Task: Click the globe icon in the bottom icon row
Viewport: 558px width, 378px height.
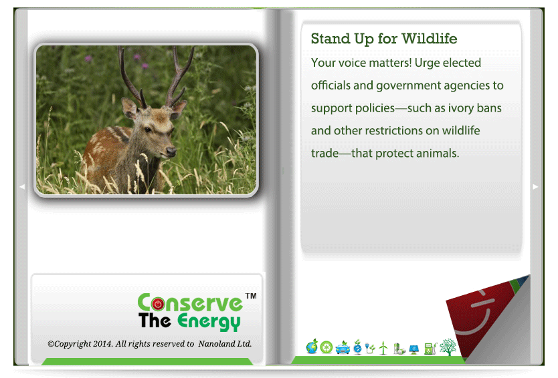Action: click(x=312, y=347)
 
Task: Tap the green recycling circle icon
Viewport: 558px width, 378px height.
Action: click(x=327, y=347)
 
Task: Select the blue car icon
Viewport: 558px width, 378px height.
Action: click(x=343, y=347)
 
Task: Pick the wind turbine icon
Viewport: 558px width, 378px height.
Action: click(x=383, y=348)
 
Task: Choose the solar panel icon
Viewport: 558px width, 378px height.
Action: click(x=414, y=349)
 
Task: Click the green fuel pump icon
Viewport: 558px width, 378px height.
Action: click(x=430, y=348)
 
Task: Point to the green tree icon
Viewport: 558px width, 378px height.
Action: click(x=448, y=347)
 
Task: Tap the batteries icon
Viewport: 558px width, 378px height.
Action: click(x=399, y=349)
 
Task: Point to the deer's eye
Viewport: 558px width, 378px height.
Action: click(x=147, y=130)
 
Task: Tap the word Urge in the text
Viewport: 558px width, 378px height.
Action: click(x=427, y=63)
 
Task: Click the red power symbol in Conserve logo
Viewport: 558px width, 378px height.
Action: click(x=158, y=304)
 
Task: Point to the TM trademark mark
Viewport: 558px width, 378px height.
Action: click(x=251, y=296)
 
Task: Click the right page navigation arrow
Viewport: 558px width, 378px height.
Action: click(x=535, y=187)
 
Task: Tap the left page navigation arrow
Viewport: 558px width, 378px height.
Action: click(x=22, y=187)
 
